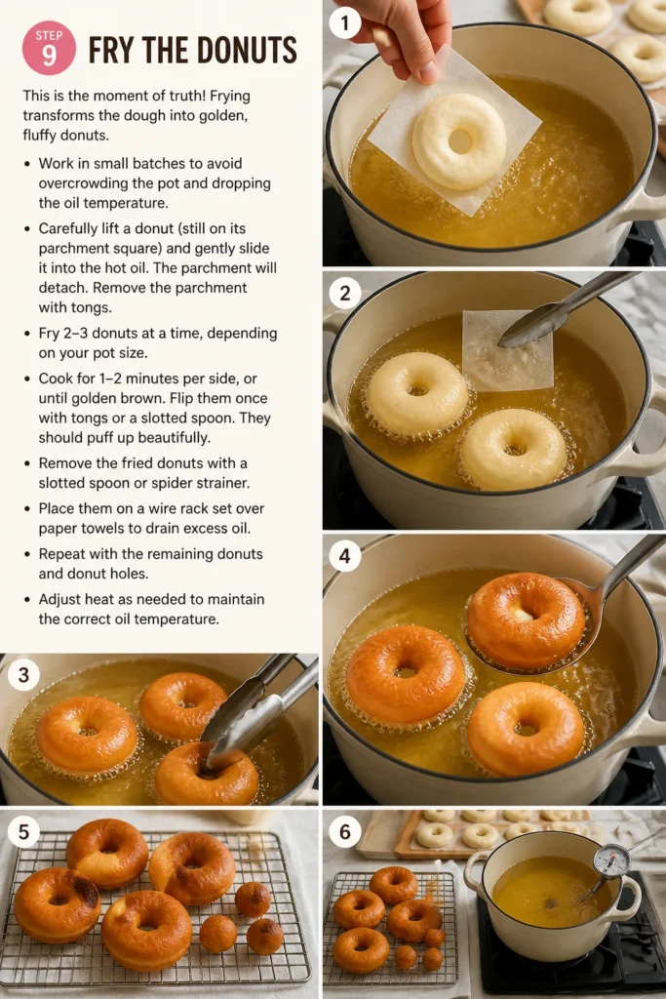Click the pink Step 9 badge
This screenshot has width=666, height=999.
click(x=49, y=48)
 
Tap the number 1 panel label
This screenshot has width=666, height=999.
click(x=344, y=23)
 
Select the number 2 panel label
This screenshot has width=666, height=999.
click(x=344, y=293)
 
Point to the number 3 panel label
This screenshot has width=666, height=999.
click(x=23, y=675)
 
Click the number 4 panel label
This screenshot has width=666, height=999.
click(x=344, y=555)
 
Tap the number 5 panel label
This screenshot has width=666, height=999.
click(x=23, y=831)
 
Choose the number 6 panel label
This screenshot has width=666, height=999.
click(x=344, y=831)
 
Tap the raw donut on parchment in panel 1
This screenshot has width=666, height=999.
click(x=459, y=140)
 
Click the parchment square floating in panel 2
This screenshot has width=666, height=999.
click(x=506, y=350)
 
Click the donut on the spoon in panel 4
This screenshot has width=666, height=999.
click(x=526, y=620)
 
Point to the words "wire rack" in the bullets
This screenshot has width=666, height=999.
click(x=182, y=508)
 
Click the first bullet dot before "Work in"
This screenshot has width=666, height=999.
click(x=26, y=164)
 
